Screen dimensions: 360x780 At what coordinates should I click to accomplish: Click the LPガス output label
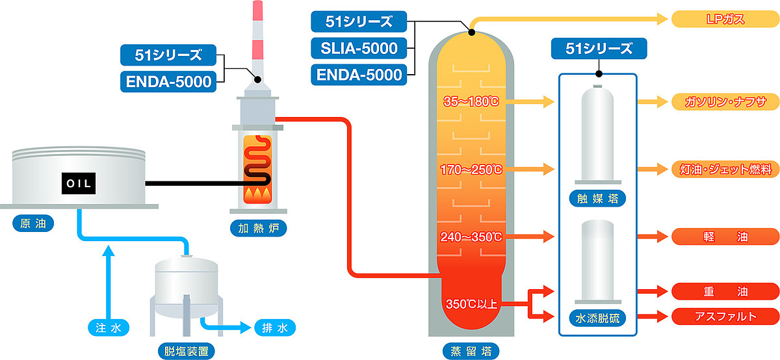(x=724, y=19)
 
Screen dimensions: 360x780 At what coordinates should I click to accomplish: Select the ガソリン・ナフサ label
(x=724, y=102)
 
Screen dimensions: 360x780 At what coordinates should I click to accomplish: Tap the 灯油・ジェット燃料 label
(x=724, y=170)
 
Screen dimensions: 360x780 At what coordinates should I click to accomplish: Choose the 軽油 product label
(x=724, y=237)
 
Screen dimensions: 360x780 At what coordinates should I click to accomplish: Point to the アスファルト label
(x=724, y=316)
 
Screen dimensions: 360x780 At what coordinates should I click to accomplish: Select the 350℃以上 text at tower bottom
(x=471, y=303)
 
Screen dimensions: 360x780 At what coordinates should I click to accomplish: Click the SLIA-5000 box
(x=359, y=47)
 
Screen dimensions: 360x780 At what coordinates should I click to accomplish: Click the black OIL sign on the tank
(x=79, y=183)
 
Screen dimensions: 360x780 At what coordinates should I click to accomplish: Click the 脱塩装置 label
(x=186, y=352)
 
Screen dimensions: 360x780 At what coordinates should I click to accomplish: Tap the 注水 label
(x=108, y=328)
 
